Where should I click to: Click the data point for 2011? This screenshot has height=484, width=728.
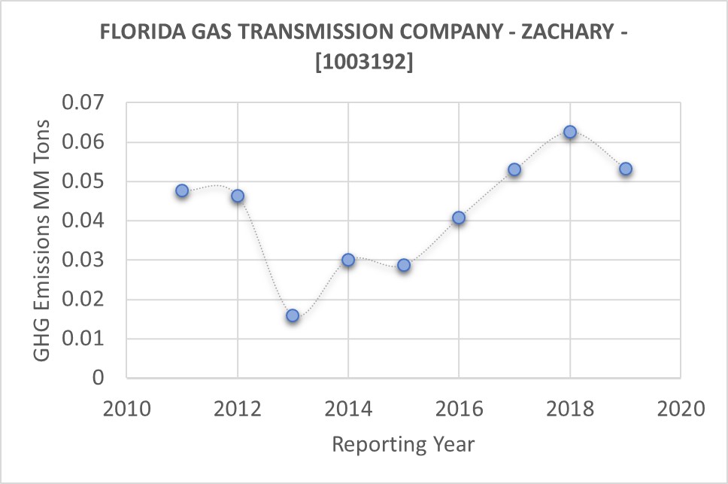pos(182,190)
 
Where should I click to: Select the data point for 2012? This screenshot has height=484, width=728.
pos(238,196)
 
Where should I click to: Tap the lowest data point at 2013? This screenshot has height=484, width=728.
pos(293,315)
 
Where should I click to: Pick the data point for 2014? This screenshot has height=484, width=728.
pos(348,260)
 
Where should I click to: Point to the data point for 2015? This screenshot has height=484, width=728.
pos(404,265)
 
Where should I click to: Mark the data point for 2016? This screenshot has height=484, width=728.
pos(459,218)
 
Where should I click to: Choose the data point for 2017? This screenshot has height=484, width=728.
pos(514,169)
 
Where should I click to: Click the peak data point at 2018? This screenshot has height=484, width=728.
pos(570,132)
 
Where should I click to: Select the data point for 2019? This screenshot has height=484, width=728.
pos(626,169)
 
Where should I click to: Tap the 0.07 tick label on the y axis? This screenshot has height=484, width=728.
pos(85,103)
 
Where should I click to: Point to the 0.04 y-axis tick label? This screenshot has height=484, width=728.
pos(85,221)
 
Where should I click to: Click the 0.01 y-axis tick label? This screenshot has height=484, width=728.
pos(85,339)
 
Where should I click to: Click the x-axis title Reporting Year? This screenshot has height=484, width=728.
pos(404,444)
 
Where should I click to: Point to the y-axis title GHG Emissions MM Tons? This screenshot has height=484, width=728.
pos(44,239)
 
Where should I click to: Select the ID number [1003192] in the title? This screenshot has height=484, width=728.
pos(363,63)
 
